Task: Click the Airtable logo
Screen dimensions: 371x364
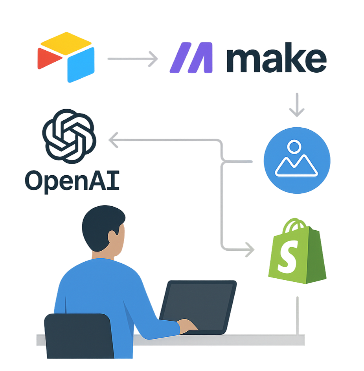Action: (x=66, y=57)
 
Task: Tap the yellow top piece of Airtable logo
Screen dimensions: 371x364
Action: (x=66, y=40)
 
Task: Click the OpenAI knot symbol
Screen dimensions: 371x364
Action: (x=69, y=136)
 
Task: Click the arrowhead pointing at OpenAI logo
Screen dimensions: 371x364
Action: (x=114, y=140)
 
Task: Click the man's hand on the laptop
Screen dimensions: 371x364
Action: (x=188, y=325)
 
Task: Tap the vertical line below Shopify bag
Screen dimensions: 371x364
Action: (x=297, y=314)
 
